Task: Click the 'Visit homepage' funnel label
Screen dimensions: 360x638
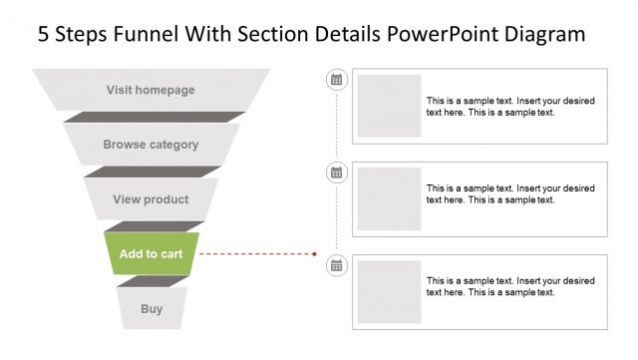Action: [151, 90]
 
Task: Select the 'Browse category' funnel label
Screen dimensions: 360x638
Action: [151, 145]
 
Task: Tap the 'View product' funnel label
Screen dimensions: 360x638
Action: [151, 199]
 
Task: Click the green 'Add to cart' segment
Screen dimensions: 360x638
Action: [151, 254]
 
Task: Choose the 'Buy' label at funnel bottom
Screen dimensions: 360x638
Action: [152, 309]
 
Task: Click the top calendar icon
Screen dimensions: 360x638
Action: [337, 80]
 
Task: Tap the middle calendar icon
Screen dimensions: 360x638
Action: [337, 173]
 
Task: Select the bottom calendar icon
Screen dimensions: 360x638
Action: [337, 264]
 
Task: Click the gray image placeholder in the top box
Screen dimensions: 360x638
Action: [389, 106]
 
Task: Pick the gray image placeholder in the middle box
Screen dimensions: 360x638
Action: [389, 198]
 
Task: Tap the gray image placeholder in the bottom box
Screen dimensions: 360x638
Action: [389, 291]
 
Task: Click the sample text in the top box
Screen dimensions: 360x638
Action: [509, 107]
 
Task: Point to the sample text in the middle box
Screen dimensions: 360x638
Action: [509, 193]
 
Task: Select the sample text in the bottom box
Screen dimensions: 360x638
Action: [509, 286]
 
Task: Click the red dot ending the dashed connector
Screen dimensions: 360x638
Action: [314, 254]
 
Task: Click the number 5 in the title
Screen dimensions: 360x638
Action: [44, 35]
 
